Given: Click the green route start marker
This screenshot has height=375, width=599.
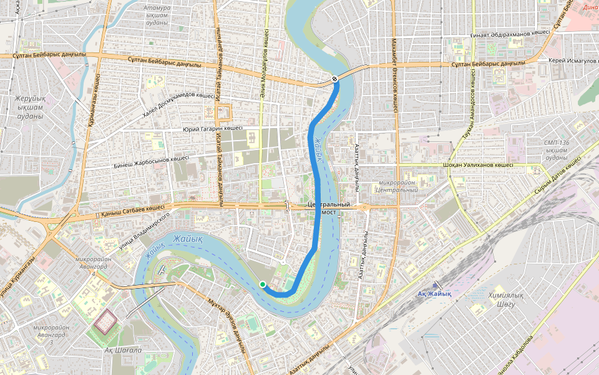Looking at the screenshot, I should click(263, 284).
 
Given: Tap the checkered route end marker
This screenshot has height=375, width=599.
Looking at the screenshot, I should click(335, 79).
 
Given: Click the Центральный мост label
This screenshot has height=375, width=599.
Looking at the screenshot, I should click(328, 208).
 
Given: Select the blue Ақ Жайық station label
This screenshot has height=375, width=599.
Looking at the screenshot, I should click(434, 293).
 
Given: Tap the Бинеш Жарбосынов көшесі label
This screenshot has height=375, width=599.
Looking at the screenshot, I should click(151, 162).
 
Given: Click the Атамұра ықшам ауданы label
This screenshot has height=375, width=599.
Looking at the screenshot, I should click(157, 15).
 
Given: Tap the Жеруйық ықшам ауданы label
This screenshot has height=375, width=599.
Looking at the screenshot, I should click(30, 107).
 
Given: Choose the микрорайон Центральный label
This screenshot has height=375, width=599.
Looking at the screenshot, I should click(397, 186).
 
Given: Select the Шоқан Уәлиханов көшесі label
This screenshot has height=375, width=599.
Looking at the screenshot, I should click(477, 166).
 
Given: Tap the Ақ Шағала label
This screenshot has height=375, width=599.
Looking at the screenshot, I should click(123, 350).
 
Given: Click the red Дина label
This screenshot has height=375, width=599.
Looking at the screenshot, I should click(590, 7).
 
